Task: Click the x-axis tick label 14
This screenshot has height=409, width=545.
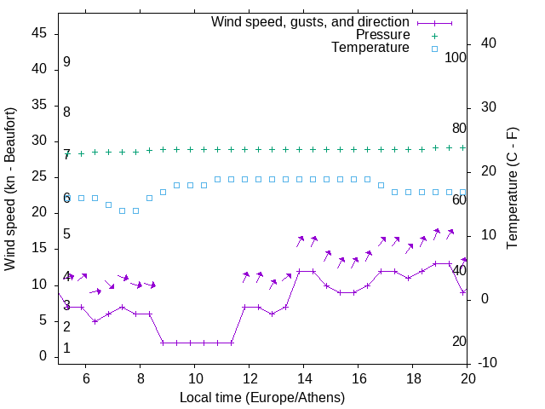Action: click(304, 378)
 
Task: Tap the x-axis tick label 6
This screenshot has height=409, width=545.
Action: click(86, 378)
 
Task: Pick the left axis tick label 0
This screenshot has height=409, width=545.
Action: click(44, 357)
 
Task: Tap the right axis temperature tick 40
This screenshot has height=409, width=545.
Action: click(489, 43)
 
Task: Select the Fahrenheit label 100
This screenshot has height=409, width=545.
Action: click(456, 58)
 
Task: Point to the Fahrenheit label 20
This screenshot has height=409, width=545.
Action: click(459, 342)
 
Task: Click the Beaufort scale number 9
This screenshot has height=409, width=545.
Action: click(66, 63)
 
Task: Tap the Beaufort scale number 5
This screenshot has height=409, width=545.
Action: click(66, 234)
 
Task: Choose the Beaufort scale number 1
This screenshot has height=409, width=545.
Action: click(66, 349)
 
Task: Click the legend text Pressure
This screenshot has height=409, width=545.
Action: click(382, 35)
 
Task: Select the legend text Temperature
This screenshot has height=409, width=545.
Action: click(370, 48)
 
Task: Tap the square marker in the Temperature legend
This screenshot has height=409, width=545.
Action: click(433, 49)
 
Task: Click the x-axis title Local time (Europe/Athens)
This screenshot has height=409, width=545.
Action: click(262, 398)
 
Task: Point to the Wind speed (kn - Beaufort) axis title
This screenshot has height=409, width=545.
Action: click(10, 189)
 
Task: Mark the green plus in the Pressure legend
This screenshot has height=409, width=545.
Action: click(433, 36)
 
